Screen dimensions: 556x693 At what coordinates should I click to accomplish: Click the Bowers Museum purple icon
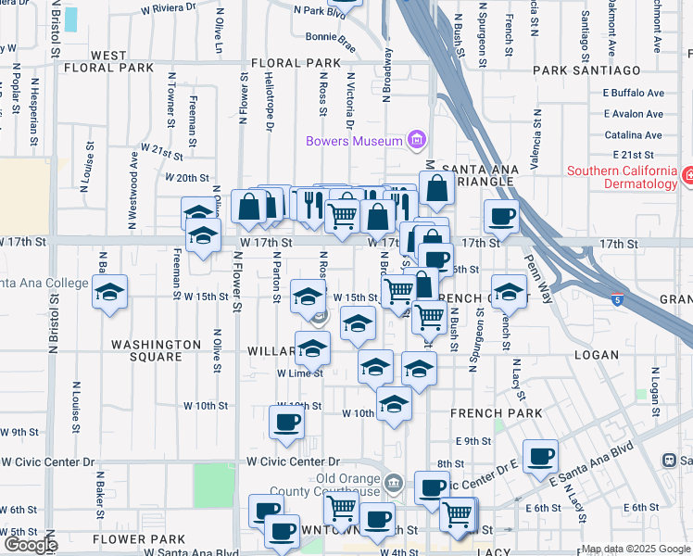(416, 141)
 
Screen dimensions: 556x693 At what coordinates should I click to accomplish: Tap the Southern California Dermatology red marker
(687, 175)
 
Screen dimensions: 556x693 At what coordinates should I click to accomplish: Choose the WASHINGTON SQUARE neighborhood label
(156, 350)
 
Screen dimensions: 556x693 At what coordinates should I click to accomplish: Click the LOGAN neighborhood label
(596, 355)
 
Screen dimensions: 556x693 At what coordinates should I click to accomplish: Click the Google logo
(30, 545)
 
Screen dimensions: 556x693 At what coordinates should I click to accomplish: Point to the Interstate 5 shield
(617, 299)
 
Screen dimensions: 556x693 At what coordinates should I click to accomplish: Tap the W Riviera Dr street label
(169, 7)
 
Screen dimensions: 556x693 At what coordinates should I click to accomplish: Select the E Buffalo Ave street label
(633, 93)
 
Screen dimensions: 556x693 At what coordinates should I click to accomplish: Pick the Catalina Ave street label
(633, 134)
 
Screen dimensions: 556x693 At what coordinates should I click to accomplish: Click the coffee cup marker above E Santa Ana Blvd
(540, 456)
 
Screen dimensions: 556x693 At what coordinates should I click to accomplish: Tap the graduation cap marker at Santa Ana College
(110, 293)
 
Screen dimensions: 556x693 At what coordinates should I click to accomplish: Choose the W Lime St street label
(299, 373)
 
